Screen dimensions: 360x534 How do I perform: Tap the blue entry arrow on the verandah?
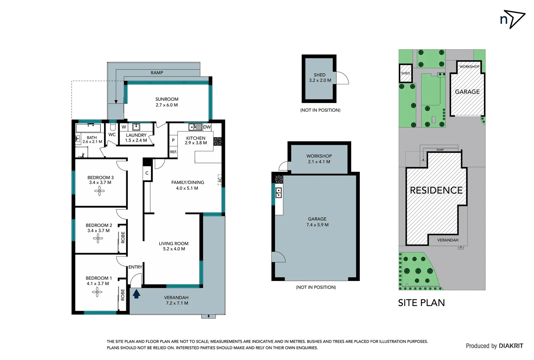(x=136, y=294)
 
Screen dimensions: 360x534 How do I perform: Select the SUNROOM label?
(x=167, y=99)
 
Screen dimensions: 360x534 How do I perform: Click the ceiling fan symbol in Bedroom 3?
(x=99, y=191)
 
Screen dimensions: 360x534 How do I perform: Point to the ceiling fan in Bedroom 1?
(x=97, y=292)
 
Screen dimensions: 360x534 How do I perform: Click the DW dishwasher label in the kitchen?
(x=207, y=127)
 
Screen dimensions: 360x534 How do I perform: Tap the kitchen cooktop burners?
(x=217, y=141)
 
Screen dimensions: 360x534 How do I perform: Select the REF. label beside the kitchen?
(x=173, y=152)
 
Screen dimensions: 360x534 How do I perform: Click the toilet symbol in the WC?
(x=113, y=127)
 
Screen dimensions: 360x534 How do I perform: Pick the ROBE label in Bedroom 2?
(x=123, y=237)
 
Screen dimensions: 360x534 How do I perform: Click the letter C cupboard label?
(x=147, y=173)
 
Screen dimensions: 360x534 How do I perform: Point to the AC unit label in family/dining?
(x=220, y=180)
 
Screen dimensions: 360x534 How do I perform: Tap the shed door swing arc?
(x=342, y=78)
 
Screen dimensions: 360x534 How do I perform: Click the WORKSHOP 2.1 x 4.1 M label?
(x=319, y=159)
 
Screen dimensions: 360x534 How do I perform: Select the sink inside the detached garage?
(x=278, y=193)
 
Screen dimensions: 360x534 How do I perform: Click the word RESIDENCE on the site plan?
(x=436, y=190)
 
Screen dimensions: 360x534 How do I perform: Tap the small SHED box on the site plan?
(x=405, y=73)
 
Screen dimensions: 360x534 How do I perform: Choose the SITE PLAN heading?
(x=421, y=303)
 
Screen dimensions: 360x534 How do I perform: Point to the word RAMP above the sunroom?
(x=157, y=73)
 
